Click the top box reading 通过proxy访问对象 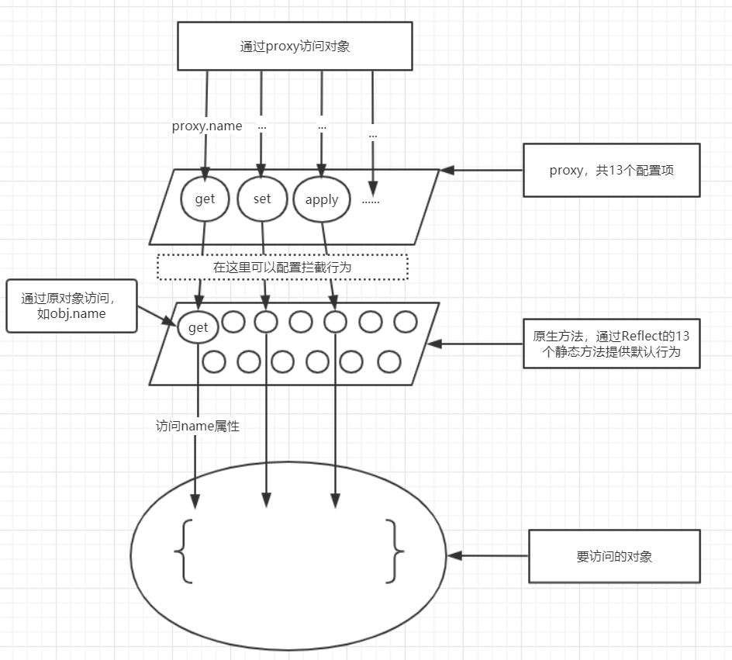coord(295,46)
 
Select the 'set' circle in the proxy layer coord(262,199)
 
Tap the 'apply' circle coord(321,199)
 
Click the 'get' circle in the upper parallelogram coord(205,199)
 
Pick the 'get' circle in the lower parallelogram coord(198,327)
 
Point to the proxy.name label coord(207,126)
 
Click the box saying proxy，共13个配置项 coord(611,170)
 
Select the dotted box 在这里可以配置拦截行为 coord(282,266)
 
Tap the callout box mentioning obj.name coord(71,306)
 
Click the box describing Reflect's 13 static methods coord(611,344)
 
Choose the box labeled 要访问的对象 coord(614,556)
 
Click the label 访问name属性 coord(198,425)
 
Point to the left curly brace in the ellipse coord(185,551)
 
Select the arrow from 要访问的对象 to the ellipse coord(488,556)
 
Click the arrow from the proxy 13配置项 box coord(482,169)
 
